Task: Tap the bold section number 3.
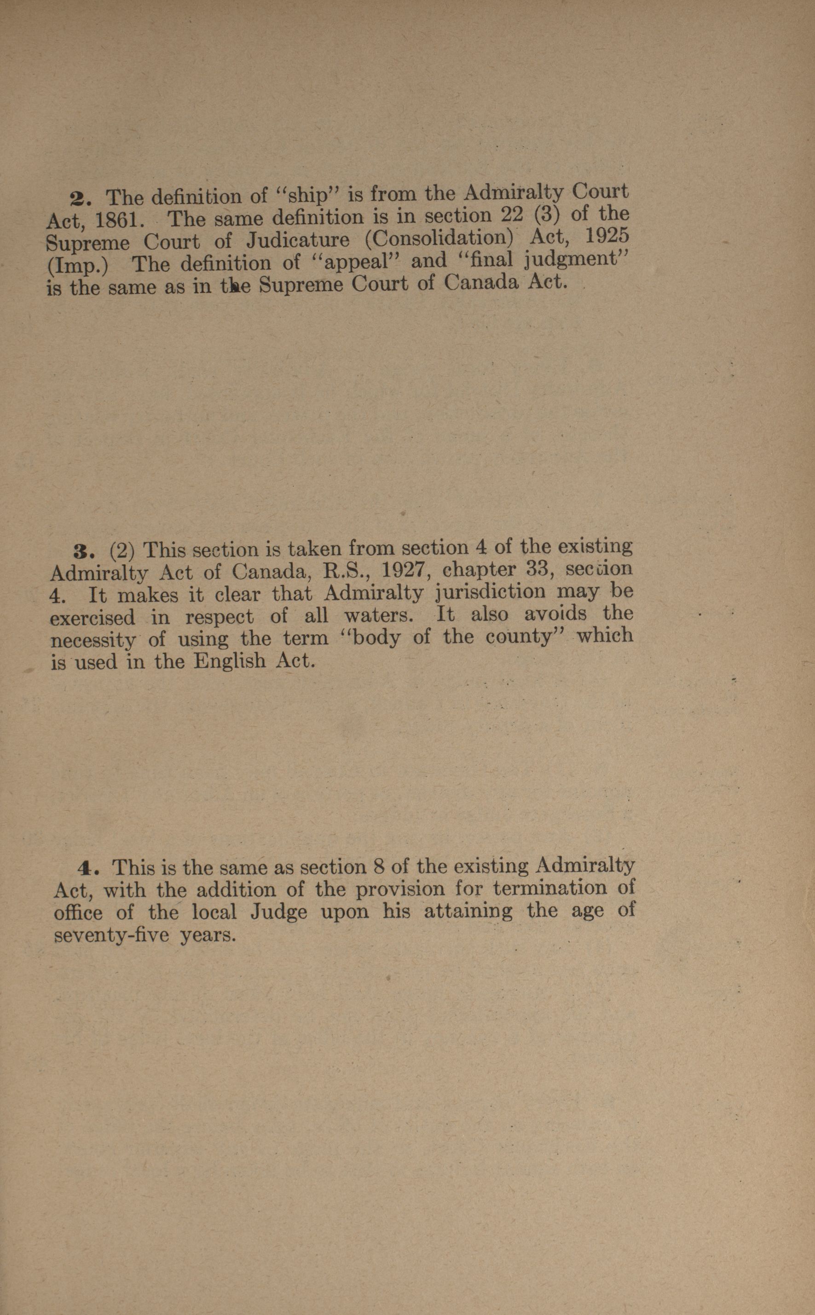pos(82,551)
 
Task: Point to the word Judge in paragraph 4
pos(279,912)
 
